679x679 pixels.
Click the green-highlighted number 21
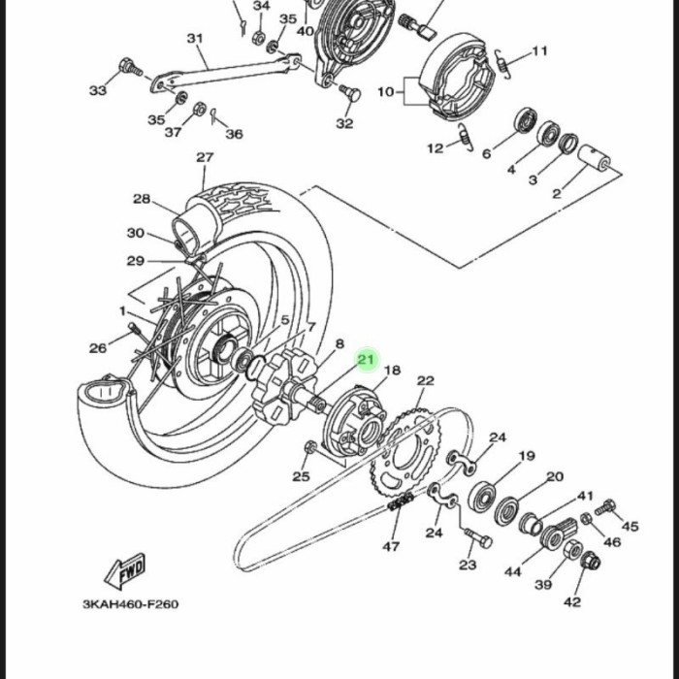(366, 359)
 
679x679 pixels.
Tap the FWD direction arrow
(125, 570)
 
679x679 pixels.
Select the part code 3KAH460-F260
(130, 604)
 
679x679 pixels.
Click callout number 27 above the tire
(205, 157)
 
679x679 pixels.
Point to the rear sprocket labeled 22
(405, 454)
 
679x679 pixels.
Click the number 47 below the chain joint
(391, 546)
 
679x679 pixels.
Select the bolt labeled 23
(478, 538)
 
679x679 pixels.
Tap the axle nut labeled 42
(590, 562)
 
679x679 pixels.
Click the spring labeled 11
(503, 64)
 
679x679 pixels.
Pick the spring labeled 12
(466, 137)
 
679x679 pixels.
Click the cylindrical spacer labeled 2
(594, 157)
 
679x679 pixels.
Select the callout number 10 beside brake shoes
(386, 92)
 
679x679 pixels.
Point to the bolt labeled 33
(130, 68)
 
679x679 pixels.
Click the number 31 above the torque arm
(195, 39)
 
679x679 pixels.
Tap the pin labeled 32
(350, 93)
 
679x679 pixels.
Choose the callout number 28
(142, 199)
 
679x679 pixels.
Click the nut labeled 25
(310, 447)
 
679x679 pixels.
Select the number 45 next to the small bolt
(630, 526)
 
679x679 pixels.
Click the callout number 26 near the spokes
(98, 348)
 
